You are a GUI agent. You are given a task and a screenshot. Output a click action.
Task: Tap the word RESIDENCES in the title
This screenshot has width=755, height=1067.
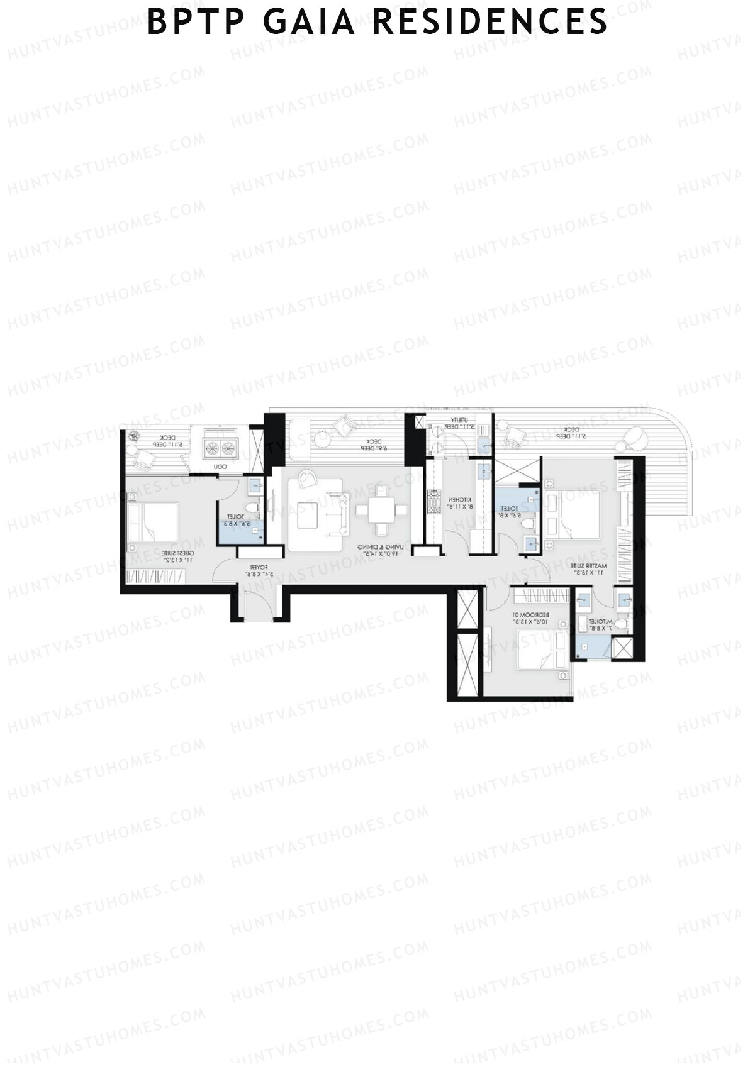pyautogui.click(x=489, y=22)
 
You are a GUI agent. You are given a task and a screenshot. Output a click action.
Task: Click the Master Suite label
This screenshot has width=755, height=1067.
pyautogui.click(x=588, y=569)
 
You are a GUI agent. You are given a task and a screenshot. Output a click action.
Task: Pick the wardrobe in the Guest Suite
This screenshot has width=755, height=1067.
pyautogui.click(x=156, y=575)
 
